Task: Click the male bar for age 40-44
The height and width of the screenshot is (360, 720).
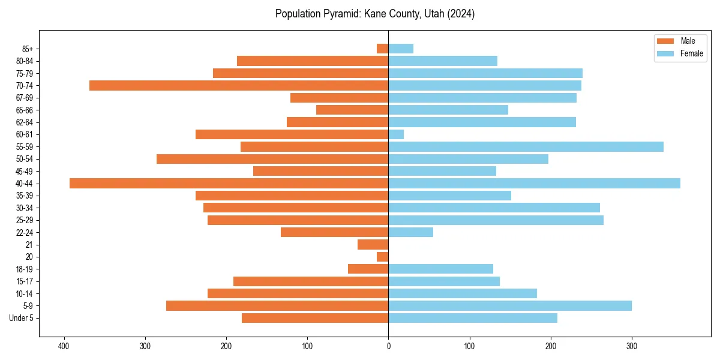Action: (229, 184)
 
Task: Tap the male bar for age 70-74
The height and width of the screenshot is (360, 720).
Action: (239, 86)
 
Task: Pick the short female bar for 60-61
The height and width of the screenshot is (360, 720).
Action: (396, 134)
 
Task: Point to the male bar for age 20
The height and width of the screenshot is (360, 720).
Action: (383, 257)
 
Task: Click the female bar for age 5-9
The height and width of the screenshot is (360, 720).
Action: (510, 306)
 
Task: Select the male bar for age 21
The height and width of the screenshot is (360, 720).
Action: (373, 245)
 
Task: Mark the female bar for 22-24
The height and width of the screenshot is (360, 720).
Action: (410, 232)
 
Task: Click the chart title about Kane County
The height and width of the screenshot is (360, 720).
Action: (375, 14)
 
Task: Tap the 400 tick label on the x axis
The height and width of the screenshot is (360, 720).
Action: (64, 346)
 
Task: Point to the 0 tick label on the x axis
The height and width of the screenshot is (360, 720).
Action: (388, 346)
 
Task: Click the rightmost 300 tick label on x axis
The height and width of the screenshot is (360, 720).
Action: (632, 346)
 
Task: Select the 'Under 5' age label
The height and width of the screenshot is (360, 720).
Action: (21, 318)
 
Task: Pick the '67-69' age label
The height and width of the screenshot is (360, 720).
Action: (25, 98)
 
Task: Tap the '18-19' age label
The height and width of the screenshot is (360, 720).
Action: (25, 269)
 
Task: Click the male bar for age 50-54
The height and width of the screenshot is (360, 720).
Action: (272, 159)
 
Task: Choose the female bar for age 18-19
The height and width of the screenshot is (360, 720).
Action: (440, 269)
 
